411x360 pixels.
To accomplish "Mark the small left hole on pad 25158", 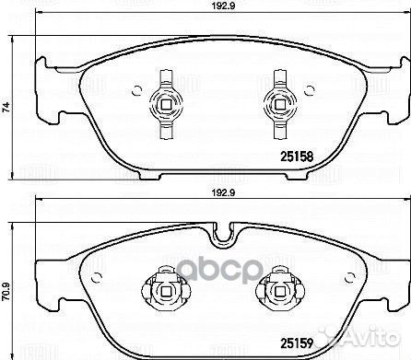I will tap(136, 90).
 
